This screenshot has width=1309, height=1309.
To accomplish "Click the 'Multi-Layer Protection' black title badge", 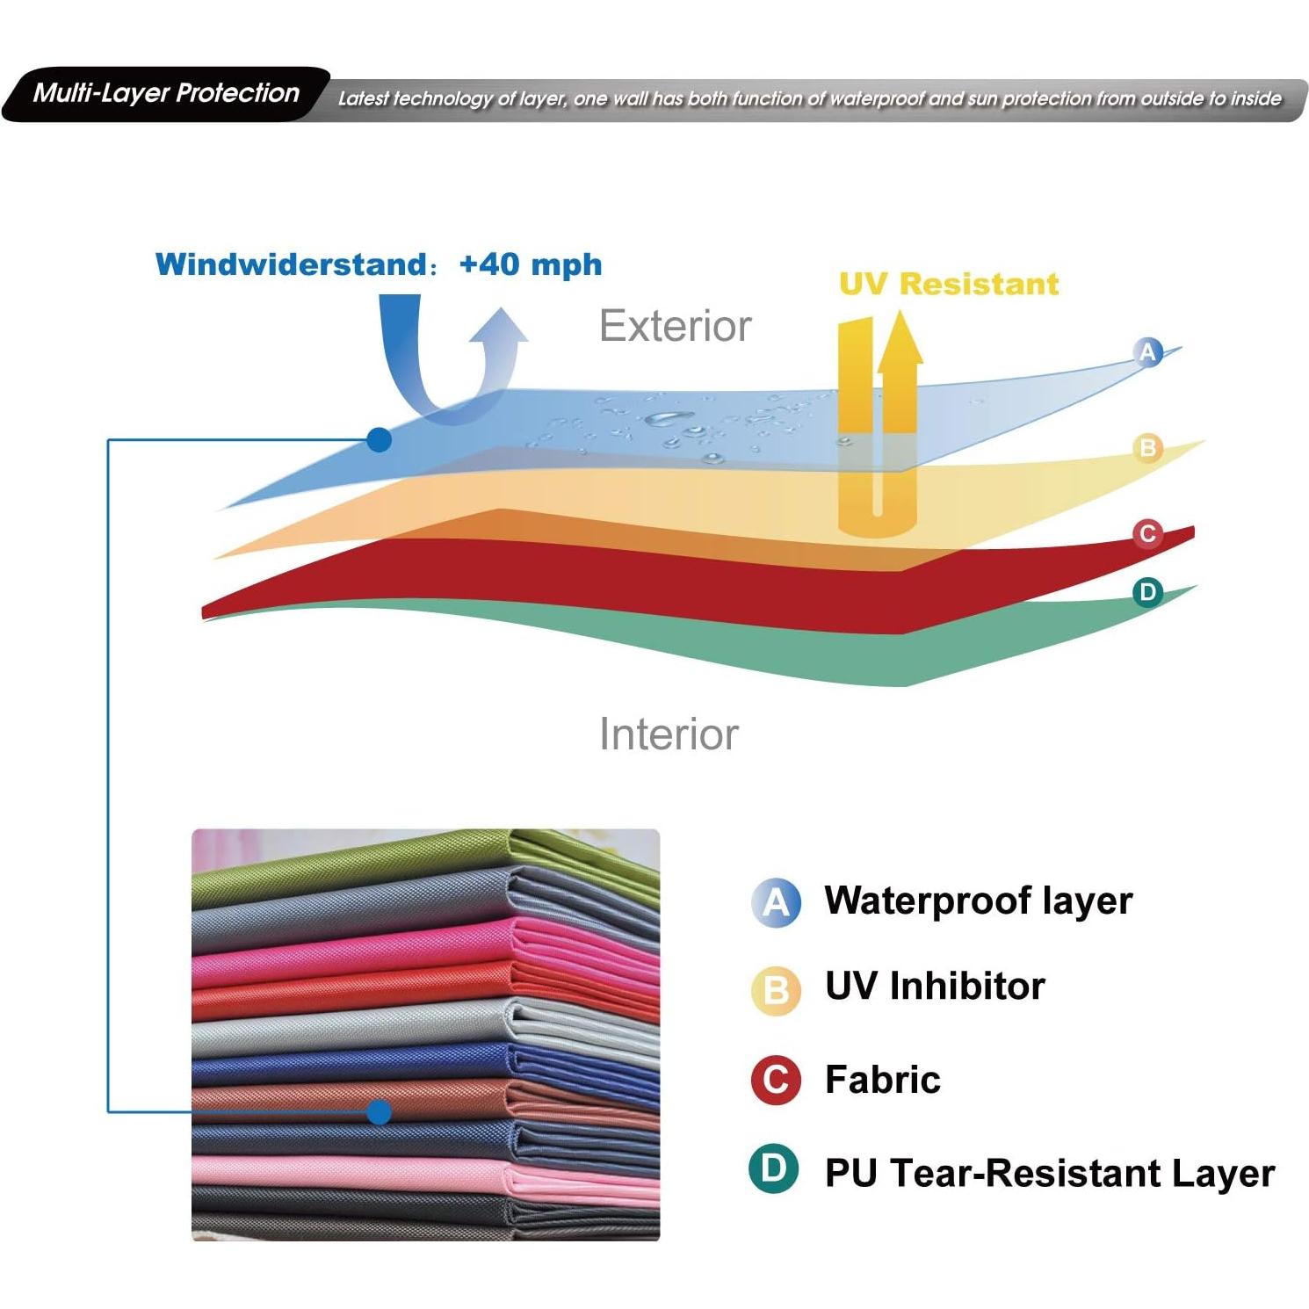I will click(x=166, y=93).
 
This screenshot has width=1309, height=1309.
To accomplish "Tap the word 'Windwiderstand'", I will click(x=291, y=264).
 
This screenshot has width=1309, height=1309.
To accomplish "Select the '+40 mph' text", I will click(x=530, y=264).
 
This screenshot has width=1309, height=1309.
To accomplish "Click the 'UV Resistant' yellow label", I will click(x=949, y=284).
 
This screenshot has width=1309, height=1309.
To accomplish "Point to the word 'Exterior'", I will click(x=675, y=326).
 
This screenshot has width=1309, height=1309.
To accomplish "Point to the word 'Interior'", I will click(x=669, y=734).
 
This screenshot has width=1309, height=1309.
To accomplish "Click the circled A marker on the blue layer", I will click(x=1147, y=352).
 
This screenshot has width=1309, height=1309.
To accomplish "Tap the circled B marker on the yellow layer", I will click(x=1147, y=448).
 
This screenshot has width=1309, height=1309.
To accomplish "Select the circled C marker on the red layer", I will click(x=1147, y=533).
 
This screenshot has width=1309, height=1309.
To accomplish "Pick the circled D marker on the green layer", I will click(x=1147, y=592).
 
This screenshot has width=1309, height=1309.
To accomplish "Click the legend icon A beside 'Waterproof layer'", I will click(x=777, y=902).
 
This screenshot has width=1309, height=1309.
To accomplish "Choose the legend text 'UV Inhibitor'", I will click(x=935, y=986).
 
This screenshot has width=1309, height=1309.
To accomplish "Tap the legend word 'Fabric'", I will click(x=882, y=1080).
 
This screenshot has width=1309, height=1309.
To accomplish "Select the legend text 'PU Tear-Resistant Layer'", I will click(x=1050, y=1174).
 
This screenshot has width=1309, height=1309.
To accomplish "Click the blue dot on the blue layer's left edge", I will click(x=379, y=439).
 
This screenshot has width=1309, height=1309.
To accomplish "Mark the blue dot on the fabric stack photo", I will click(x=379, y=1112).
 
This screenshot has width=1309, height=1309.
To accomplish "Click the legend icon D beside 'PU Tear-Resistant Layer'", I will click(x=774, y=1169).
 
